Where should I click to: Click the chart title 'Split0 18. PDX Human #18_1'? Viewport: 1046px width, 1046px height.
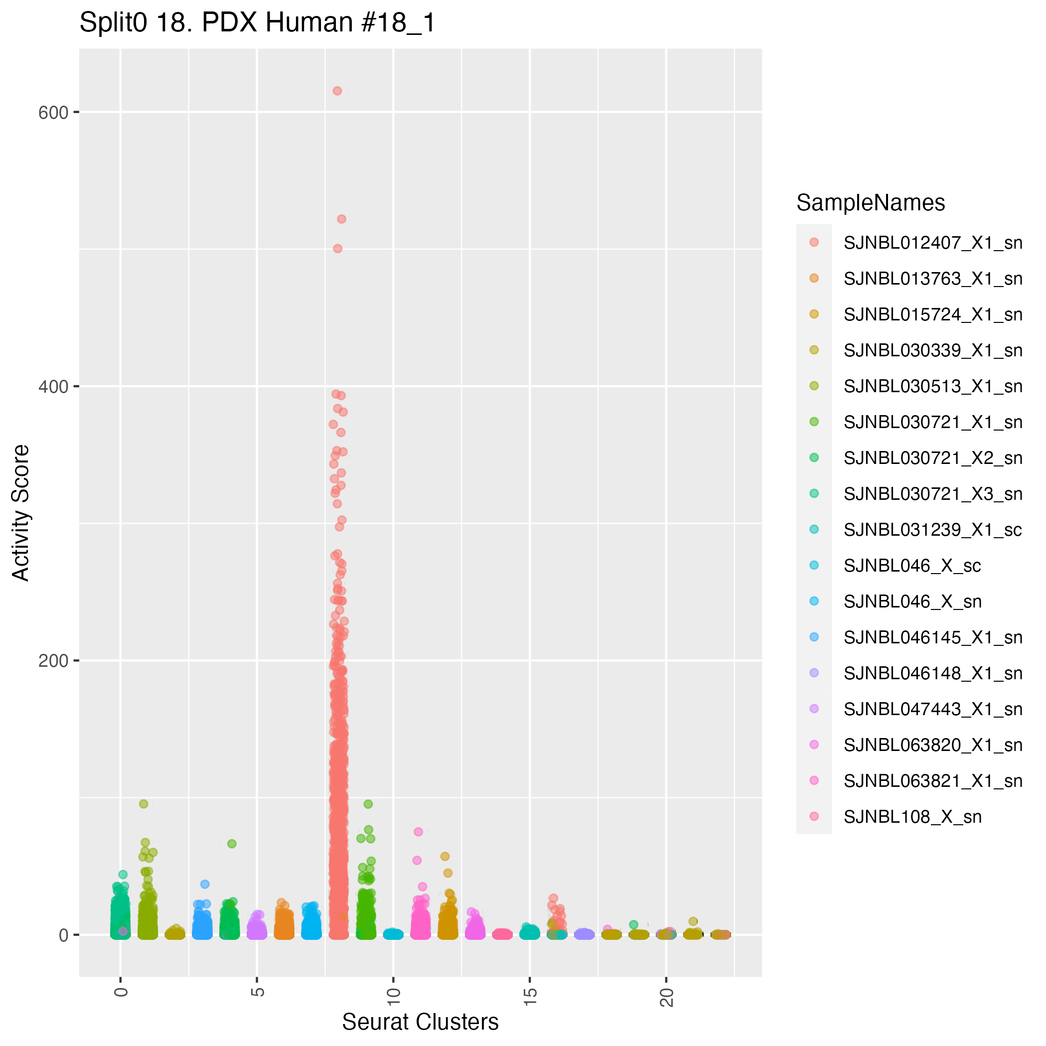[257, 23]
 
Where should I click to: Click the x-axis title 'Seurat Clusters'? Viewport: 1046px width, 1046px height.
[420, 1022]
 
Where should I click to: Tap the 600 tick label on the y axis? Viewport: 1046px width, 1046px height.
[53, 113]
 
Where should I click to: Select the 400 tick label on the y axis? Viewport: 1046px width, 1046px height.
[53, 387]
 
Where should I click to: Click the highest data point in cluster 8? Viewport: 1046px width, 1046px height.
[337, 91]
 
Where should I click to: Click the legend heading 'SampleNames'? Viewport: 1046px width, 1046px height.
[871, 203]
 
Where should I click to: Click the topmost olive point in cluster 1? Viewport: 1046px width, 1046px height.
[144, 804]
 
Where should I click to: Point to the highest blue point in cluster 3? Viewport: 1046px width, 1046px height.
[205, 884]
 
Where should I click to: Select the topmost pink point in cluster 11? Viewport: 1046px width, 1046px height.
[418, 832]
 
